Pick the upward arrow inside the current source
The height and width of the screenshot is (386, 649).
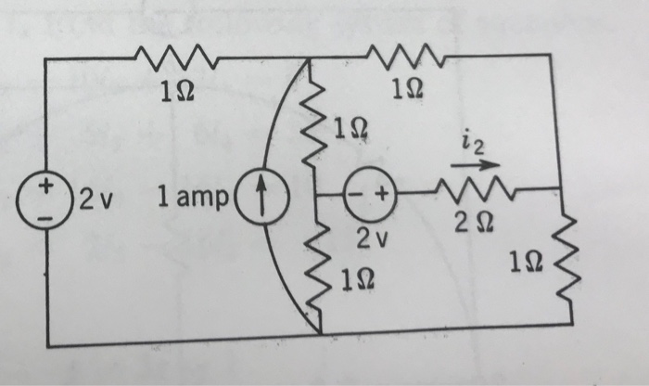click(x=262, y=196)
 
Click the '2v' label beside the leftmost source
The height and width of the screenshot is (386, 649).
click(x=95, y=197)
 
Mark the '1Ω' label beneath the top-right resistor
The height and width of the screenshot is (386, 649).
click(x=407, y=90)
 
